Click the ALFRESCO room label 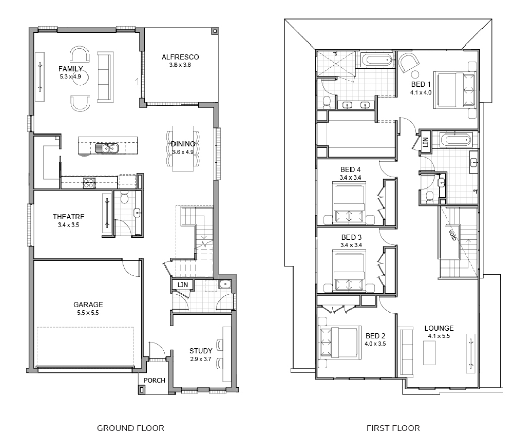(180, 57)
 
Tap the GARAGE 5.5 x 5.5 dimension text (88, 313)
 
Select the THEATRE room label (69, 217)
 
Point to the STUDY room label (201, 351)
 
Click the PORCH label (154, 380)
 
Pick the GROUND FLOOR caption (130, 428)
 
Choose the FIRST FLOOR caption (393, 428)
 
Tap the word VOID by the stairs (453, 235)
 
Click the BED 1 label (421, 84)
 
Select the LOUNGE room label (439, 328)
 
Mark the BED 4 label (350, 170)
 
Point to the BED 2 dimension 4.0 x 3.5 (375, 344)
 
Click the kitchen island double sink (106, 148)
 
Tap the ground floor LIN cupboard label (183, 285)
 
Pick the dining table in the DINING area (183, 149)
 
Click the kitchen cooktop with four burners (89, 183)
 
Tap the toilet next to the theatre (124, 198)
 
